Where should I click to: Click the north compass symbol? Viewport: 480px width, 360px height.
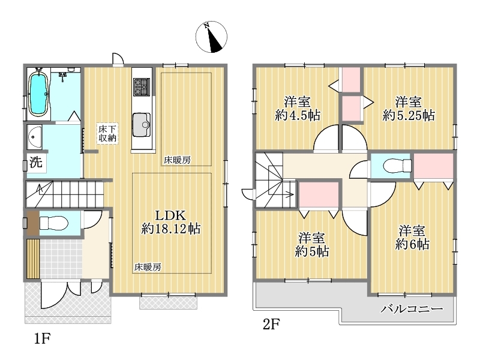click(211, 37)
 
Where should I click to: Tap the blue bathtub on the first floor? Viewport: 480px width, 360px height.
click(39, 94)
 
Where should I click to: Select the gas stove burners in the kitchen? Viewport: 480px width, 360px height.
click(142, 86)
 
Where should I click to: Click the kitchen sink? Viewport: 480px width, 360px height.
click(142, 125)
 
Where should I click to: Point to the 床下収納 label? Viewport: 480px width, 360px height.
click(107, 133)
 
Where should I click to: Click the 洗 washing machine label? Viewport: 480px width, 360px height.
click(36, 162)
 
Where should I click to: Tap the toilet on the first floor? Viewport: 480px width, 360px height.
click(53, 223)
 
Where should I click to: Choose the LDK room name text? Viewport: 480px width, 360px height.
click(170, 215)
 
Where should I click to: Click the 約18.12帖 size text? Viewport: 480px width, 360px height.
click(171, 229)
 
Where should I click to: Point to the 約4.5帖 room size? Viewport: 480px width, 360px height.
click(298, 115)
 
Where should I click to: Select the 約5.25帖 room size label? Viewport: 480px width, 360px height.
click(409, 115)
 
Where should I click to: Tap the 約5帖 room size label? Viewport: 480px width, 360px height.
click(311, 251)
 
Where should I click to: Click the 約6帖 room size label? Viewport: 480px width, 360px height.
click(412, 244)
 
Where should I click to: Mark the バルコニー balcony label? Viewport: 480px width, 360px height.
click(412, 308)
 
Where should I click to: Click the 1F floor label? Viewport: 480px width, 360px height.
click(42, 338)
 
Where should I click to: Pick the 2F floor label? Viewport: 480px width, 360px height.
click(271, 324)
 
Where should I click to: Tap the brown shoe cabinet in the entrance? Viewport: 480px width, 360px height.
click(33, 223)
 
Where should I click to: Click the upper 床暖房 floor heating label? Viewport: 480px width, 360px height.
click(177, 160)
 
